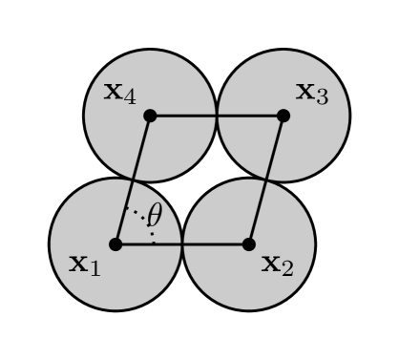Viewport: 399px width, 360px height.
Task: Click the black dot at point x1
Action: [115, 244]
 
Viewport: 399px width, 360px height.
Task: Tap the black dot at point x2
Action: [249, 244]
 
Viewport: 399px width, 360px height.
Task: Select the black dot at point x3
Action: [283, 116]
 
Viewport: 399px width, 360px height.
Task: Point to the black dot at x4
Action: [150, 116]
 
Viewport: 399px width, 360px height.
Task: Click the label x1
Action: [84, 263]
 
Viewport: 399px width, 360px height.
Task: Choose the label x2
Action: [277, 263]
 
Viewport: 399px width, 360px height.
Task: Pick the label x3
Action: [311, 93]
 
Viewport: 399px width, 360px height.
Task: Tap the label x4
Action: [119, 93]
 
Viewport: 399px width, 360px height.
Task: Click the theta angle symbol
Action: [154, 215]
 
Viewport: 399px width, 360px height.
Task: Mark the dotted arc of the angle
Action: [143, 217]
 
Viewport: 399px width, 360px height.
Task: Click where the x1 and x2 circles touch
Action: [182, 244]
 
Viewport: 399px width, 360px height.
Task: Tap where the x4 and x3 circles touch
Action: [217, 116]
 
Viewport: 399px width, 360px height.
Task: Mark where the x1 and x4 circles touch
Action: [133, 180]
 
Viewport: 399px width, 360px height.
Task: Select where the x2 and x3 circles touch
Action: [266, 180]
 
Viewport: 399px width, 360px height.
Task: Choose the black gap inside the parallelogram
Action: [199, 180]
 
